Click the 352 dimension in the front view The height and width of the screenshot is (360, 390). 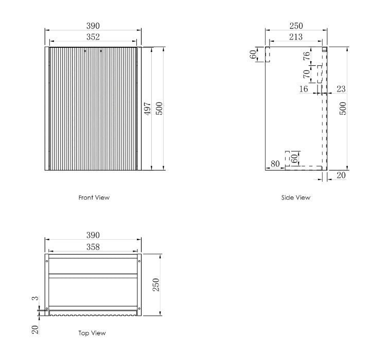pyautogui.click(x=93, y=37)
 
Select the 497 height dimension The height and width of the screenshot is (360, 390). pyautogui.click(x=148, y=109)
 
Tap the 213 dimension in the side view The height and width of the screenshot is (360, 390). pyautogui.click(x=296, y=37)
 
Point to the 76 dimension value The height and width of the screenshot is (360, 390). pyautogui.click(x=307, y=56)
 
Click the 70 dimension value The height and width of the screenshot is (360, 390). pyautogui.click(x=307, y=74)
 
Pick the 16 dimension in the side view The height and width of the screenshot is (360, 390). pyautogui.click(x=304, y=89)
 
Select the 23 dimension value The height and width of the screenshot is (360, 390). pyautogui.click(x=341, y=89)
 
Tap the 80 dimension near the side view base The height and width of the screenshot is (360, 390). pyautogui.click(x=275, y=164)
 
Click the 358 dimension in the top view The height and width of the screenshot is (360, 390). pyautogui.click(x=93, y=247)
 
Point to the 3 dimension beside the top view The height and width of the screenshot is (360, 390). pyautogui.click(x=36, y=298)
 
